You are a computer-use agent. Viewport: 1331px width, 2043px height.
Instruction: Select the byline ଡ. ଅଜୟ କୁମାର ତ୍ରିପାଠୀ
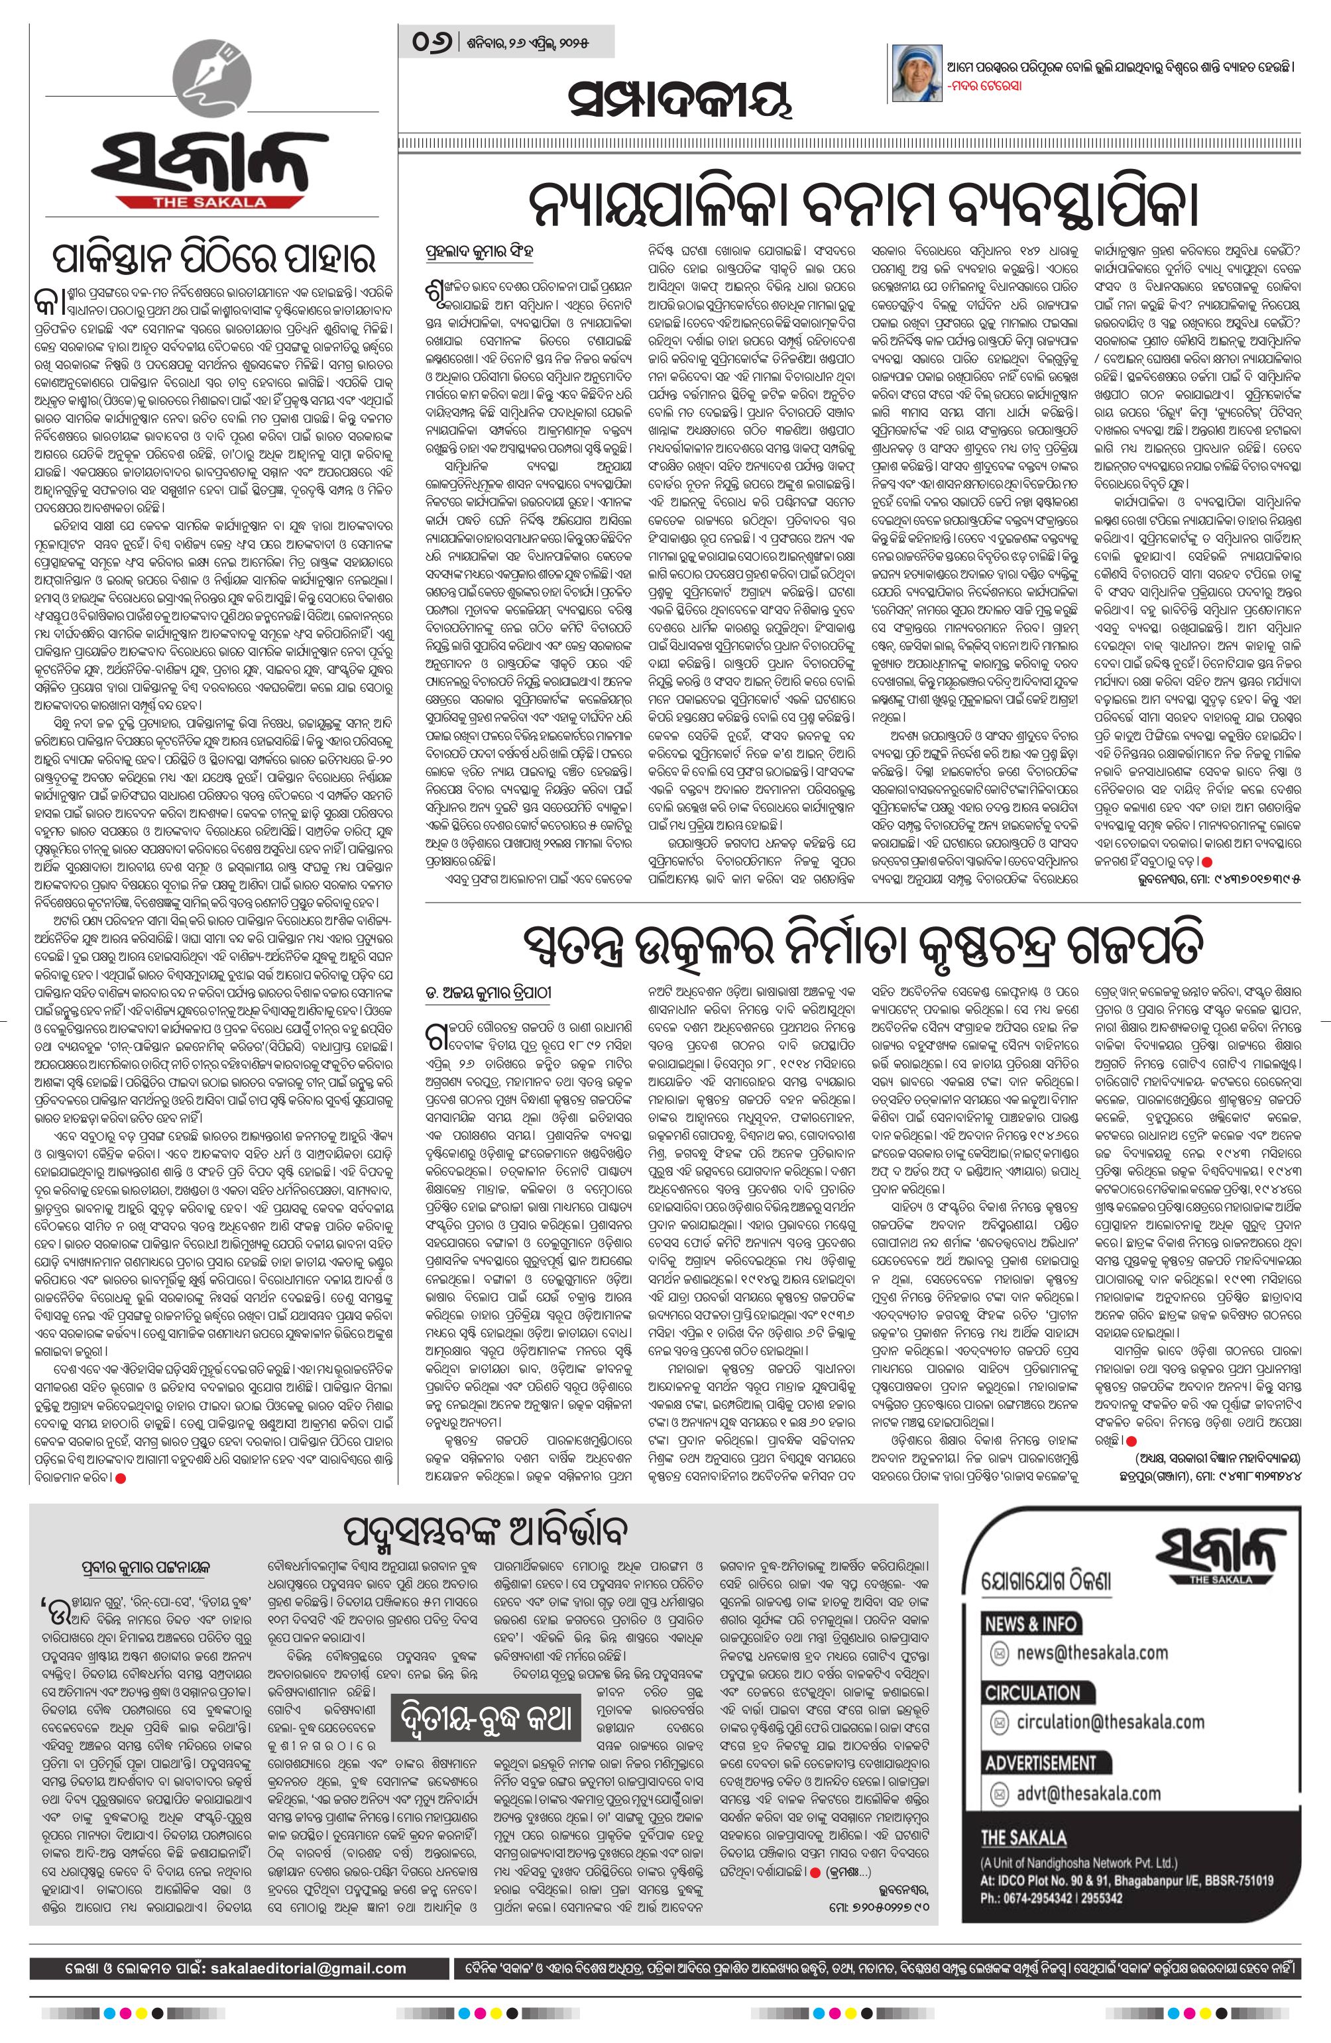494,993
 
